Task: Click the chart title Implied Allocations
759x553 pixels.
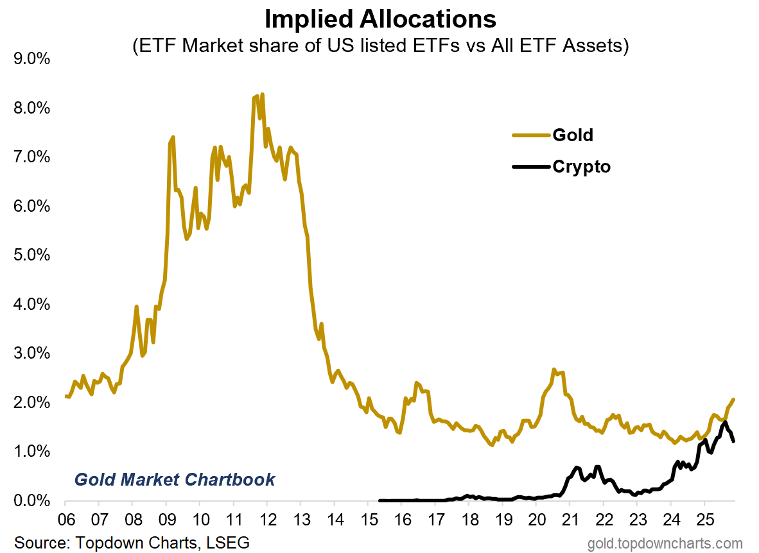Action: [380, 19]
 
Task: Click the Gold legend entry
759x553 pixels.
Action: [573, 135]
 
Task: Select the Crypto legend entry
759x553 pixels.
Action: [581, 167]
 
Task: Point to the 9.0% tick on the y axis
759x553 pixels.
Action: [32, 59]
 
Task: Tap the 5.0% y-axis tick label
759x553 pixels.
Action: [32, 255]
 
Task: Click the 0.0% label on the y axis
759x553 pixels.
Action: [32, 501]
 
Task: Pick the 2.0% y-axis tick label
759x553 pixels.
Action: [32, 403]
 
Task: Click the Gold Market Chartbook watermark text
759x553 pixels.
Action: [175, 479]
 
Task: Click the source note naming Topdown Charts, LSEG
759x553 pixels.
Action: [132, 542]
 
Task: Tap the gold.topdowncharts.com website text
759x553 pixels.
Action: [665, 543]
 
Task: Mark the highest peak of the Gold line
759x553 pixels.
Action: [262, 94]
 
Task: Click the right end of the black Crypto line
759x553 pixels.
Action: [733, 441]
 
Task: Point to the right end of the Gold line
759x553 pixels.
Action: [733, 400]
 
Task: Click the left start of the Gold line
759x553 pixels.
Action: [66, 396]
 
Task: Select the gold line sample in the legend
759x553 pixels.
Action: [531, 135]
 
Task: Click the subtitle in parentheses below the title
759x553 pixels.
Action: [380, 46]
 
